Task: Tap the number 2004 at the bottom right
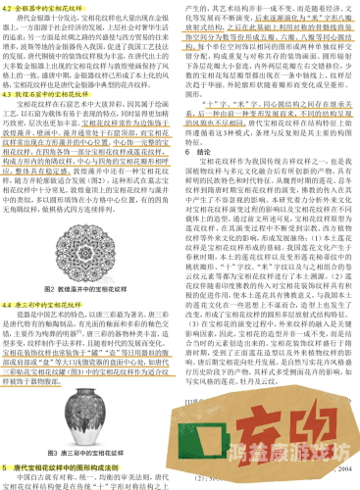click(339, 468)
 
